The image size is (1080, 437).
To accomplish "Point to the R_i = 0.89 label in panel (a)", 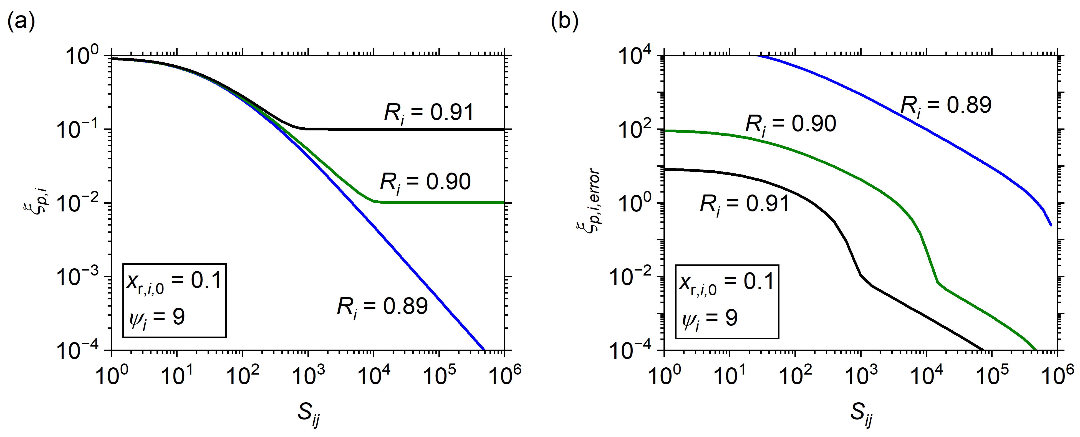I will pos(382,307).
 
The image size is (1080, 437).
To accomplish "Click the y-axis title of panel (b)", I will pos(587,202).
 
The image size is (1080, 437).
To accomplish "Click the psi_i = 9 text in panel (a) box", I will pos(157,317).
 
